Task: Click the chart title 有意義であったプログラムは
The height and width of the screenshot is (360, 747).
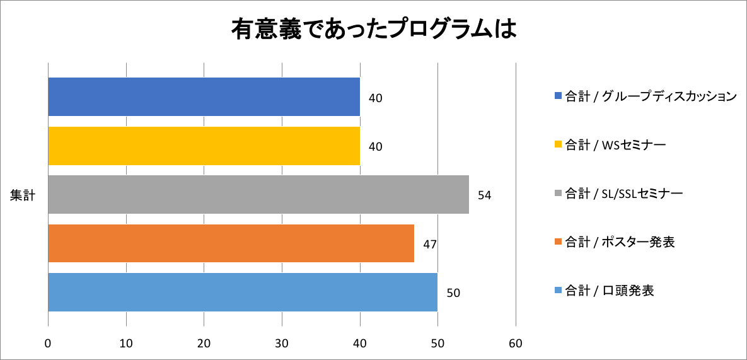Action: point(373,30)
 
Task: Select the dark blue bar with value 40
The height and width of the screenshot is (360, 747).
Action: point(204,97)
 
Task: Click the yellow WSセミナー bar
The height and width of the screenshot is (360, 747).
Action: point(204,146)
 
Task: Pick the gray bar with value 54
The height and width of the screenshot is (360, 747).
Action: point(258,195)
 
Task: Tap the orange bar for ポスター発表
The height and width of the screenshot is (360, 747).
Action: point(231,243)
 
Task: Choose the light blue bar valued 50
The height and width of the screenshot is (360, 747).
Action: point(243,292)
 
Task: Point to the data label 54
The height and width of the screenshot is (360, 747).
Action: point(484,195)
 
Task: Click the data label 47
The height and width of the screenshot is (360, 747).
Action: point(430,244)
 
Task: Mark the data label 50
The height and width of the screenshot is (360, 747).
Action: point(453,293)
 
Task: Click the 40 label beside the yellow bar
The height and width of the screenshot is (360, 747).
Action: point(376,146)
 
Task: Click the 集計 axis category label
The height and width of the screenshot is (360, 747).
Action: point(22,195)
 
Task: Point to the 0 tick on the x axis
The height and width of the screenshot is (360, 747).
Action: point(49,344)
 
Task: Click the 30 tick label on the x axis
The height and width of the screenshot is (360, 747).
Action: point(282,344)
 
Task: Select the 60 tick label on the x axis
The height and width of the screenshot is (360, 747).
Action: point(516,344)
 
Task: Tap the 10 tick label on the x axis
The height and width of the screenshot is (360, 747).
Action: point(126,344)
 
